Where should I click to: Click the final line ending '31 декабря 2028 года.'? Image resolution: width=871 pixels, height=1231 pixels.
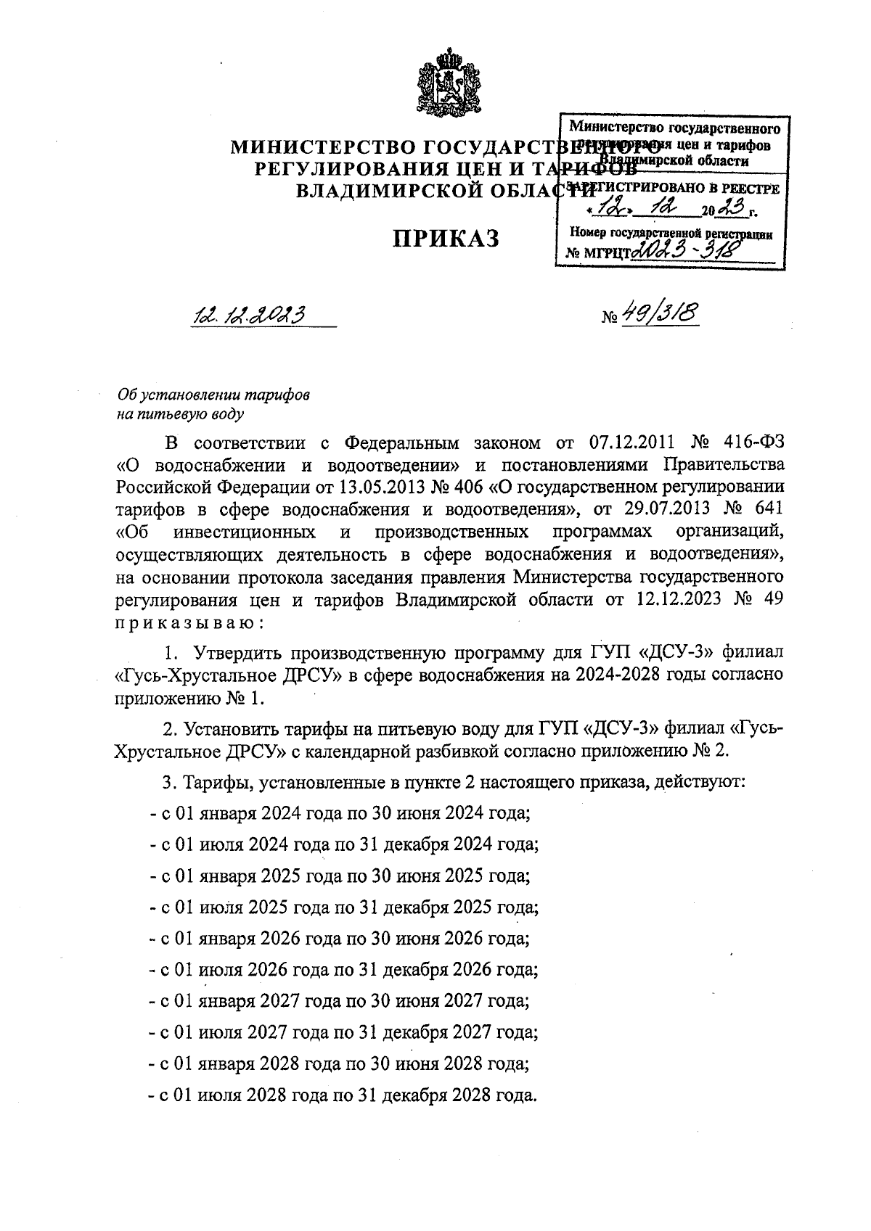(x=342, y=1095)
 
